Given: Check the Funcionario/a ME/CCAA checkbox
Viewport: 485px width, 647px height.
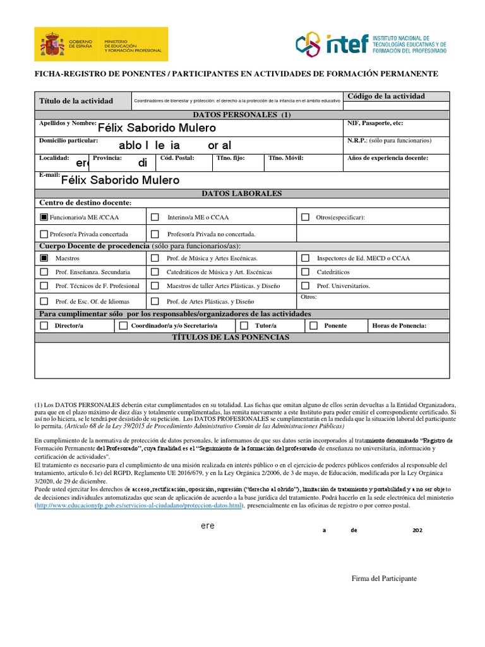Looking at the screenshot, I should click(x=44, y=217).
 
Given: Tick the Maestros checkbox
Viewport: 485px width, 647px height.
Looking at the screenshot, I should click(x=44, y=258).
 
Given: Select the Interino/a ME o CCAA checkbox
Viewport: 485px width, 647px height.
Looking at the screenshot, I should click(x=155, y=217).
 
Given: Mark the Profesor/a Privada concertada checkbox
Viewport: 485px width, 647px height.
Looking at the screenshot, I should click(x=44, y=234).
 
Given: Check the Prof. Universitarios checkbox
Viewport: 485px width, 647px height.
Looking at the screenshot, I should click(x=305, y=286).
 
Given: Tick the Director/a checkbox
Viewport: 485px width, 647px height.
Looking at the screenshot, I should click(x=44, y=325).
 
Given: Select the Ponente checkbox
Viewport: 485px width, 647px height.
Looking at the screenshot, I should click(x=313, y=325).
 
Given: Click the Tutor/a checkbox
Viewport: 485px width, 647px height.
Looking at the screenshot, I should click(x=243, y=325).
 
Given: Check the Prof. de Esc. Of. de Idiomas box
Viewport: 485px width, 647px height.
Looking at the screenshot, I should click(x=44, y=301).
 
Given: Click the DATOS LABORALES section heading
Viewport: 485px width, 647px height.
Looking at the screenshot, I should click(x=241, y=193).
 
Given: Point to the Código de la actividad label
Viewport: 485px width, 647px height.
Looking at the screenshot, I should click(x=386, y=96).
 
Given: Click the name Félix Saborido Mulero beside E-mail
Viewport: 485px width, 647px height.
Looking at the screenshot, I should click(x=120, y=180).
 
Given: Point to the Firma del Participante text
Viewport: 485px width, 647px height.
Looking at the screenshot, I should click(x=384, y=578).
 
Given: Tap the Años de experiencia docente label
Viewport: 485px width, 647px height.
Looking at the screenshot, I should click(x=388, y=158).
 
